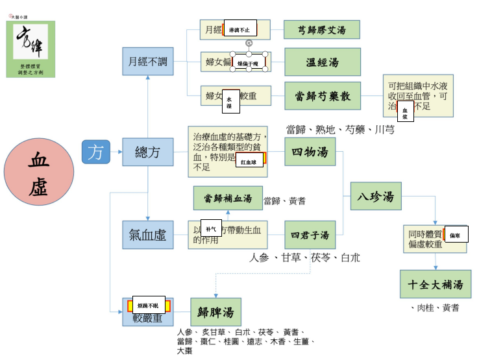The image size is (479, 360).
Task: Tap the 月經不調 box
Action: click(x=148, y=62)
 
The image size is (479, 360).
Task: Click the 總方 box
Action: click(x=148, y=152)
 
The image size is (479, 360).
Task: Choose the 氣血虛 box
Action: click(x=148, y=235)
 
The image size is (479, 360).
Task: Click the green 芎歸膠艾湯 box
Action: click(x=321, y=30)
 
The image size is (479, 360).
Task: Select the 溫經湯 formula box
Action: click(x=322, y=62)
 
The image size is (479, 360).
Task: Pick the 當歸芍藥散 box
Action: click(x=322, y=95)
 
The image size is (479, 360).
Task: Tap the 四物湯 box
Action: click(x=310, y=152)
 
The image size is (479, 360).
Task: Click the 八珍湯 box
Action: click(x=376, y=196)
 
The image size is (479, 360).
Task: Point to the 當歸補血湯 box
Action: click(x=227, y=198)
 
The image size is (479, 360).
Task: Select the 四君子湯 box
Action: click(x=310, y=235)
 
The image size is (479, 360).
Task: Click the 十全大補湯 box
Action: click(x=436, y=284)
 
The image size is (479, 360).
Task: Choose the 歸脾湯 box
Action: click(x=215, y=312)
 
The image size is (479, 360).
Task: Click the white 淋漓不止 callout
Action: click(x=239, y=29)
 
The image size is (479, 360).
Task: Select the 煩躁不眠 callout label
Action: click(x=149, y=305)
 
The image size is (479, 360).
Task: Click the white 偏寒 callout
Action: click(x=456, y=234)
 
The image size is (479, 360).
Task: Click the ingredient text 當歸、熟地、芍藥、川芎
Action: click(x=339, y=130)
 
